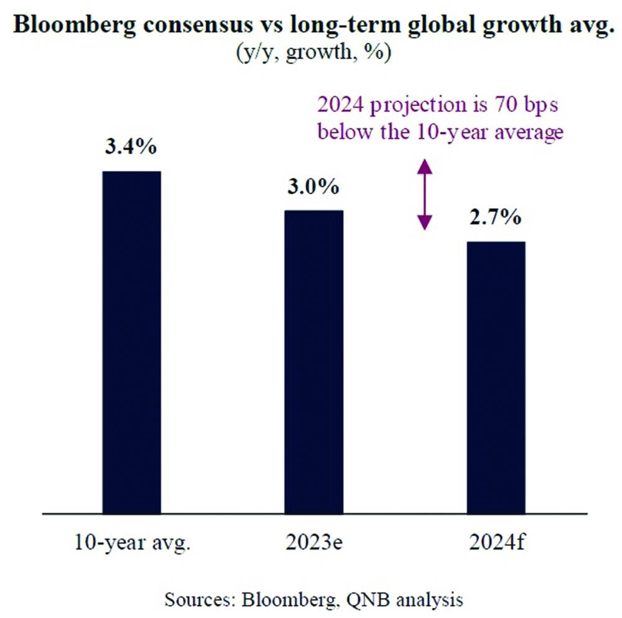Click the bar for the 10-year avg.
(x=131, y=342)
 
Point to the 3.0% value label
(x=313, y=187)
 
